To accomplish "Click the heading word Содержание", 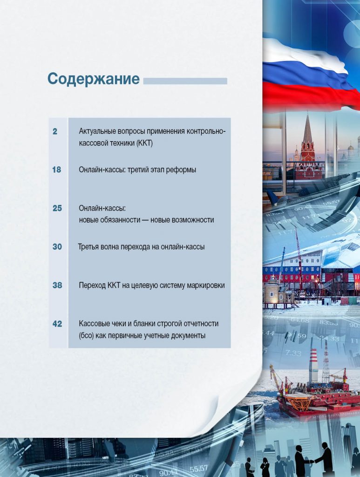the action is point(93,79).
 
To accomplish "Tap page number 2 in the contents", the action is point(55,131).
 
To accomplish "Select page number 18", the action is point(56,170).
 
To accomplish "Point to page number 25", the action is point(57,208).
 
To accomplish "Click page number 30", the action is point(57,247).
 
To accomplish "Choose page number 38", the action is point(57,286).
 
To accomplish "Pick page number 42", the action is point(57,324).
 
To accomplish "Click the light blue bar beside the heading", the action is point(185,81).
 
